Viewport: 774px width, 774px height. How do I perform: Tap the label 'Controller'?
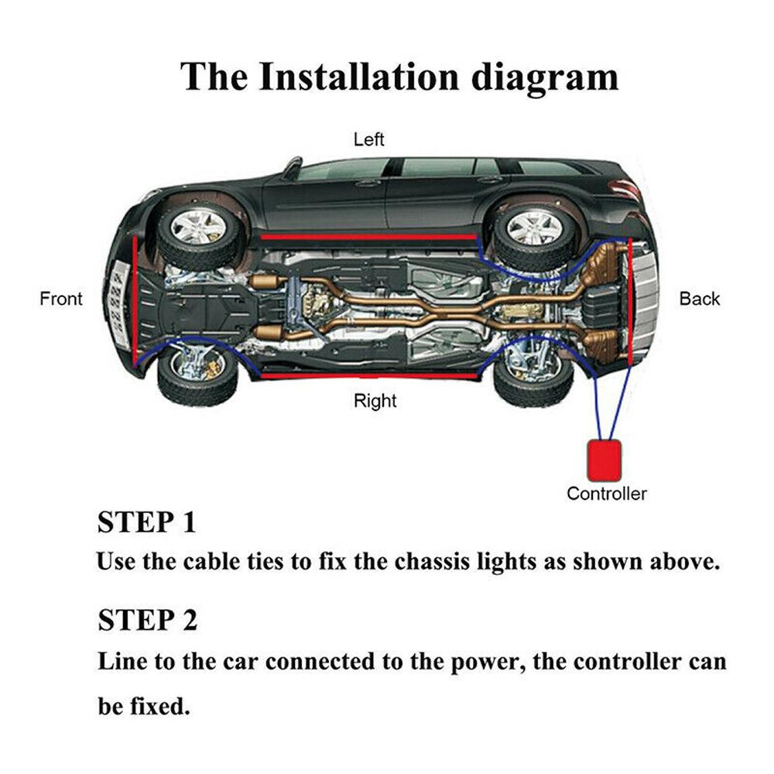click(606, 494)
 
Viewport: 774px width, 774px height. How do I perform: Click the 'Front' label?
click(60, 299)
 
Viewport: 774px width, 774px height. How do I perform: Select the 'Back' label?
click(699, 299)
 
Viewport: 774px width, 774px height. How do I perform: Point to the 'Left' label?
click(369, 140)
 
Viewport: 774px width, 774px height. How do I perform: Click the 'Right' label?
click(375, 401)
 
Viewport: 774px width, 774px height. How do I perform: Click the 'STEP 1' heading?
click(146, 522)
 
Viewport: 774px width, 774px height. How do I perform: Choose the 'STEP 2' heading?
click(147, 620)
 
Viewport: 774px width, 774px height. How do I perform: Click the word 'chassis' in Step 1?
click(432, 562)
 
